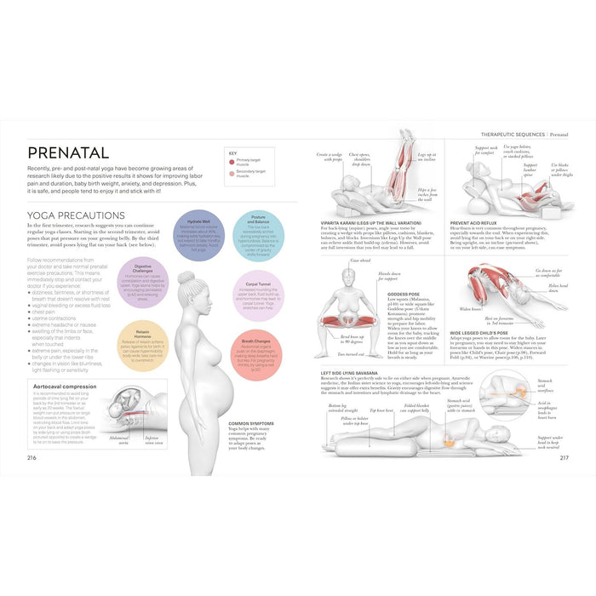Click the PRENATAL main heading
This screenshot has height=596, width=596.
68,153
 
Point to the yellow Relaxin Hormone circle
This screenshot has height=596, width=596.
143,341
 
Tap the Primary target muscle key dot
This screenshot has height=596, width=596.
232,160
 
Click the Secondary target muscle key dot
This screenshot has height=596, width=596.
232,173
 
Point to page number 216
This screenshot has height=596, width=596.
33,458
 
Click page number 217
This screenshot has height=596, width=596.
564,458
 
